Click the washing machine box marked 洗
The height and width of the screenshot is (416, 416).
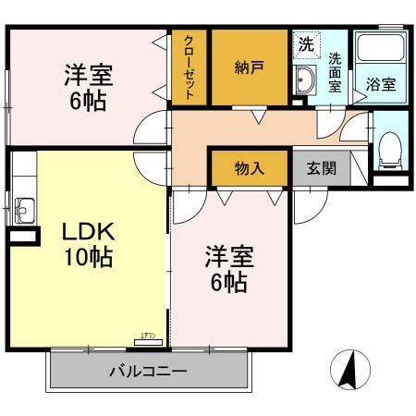(305, 43)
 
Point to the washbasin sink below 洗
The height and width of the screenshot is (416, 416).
(305, 81)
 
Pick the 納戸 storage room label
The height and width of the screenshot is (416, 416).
(248, 67)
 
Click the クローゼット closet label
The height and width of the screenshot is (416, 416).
(189, 67)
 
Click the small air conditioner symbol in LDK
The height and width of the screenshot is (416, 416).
(148, 341)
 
